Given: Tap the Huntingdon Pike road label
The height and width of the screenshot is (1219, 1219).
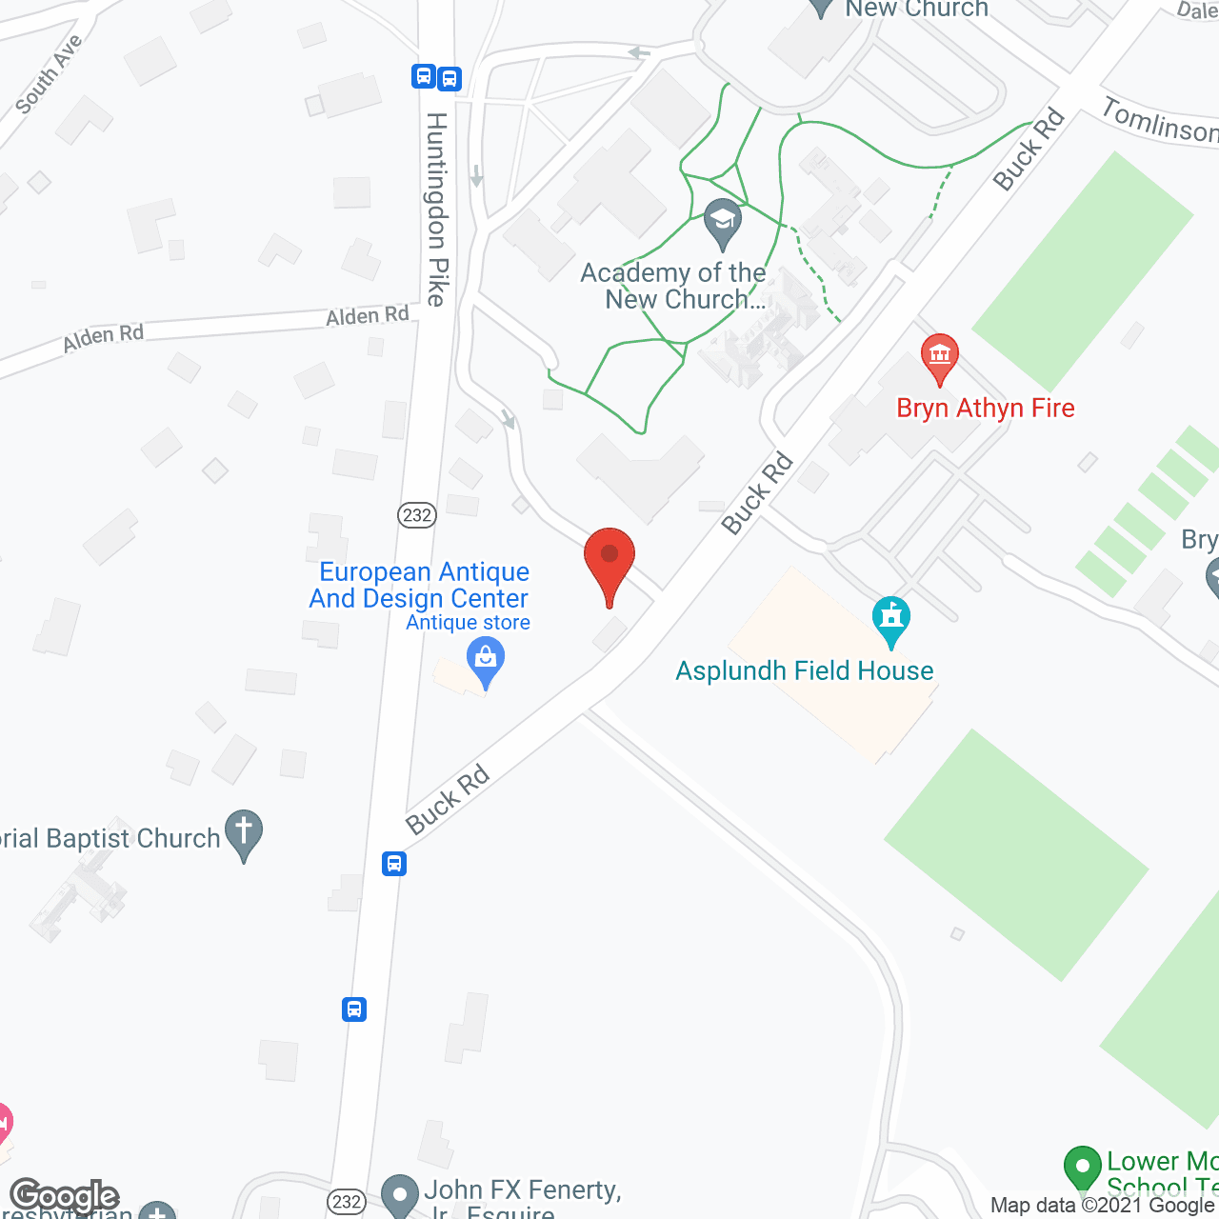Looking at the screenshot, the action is click(437, 210).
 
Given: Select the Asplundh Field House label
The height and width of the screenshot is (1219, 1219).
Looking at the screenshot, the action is click(805, 671).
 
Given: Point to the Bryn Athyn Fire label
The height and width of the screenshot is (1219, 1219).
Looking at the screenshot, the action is click(986, 409).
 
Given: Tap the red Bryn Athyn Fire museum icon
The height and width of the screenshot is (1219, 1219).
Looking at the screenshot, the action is click(939, 358).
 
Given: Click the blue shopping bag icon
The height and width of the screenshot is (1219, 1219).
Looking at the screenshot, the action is click(486, 660).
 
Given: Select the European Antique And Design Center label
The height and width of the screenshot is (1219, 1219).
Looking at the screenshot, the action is click(420, 585).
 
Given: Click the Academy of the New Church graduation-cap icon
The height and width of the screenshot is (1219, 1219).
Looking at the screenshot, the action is click(723, 223).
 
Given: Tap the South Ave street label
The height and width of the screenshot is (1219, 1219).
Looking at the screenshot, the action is click(50, 74).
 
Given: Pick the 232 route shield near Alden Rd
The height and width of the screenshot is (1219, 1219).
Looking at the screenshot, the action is click(416, 515).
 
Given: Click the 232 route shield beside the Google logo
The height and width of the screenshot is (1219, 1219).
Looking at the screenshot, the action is click(346, 1202).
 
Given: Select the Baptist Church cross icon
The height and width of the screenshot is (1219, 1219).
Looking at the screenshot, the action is click(244, 833).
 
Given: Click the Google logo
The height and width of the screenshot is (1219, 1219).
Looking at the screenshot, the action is click(65, 1196).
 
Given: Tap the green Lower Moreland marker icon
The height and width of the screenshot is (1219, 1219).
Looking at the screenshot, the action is click(1082, 1169).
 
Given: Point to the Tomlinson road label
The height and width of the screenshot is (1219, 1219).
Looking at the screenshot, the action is click(1159, 122).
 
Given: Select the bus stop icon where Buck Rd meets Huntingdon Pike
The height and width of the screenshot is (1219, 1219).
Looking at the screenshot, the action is click(394, 864).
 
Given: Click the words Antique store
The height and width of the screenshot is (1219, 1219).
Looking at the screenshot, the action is click(469, 623).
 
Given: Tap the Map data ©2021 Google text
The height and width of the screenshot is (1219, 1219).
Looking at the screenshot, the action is click(1103, 1206).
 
